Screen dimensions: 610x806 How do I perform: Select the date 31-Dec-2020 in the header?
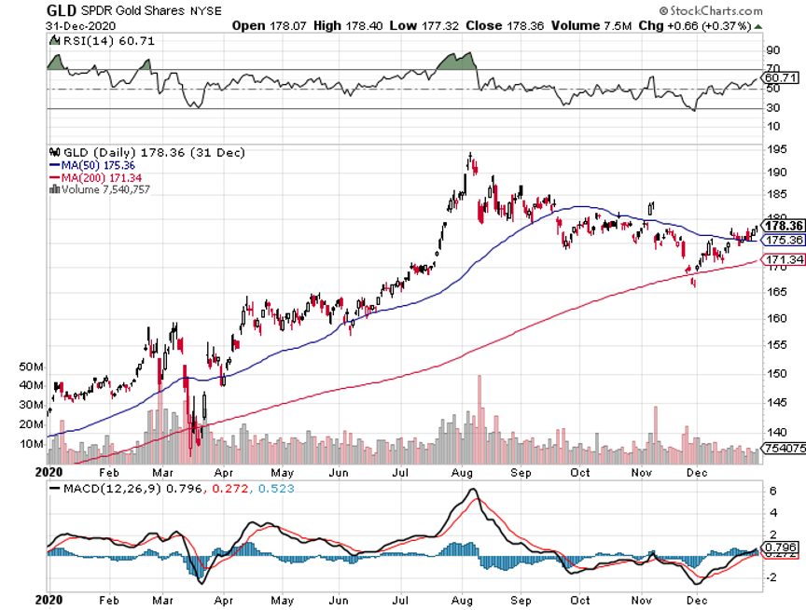pos(79,25)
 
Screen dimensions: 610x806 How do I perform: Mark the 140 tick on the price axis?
pos(773,433)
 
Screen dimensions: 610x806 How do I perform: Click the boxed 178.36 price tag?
pos(783,226)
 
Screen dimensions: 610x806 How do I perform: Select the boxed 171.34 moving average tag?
pos(783,258)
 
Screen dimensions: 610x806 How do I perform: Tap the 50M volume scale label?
pos(32,367)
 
